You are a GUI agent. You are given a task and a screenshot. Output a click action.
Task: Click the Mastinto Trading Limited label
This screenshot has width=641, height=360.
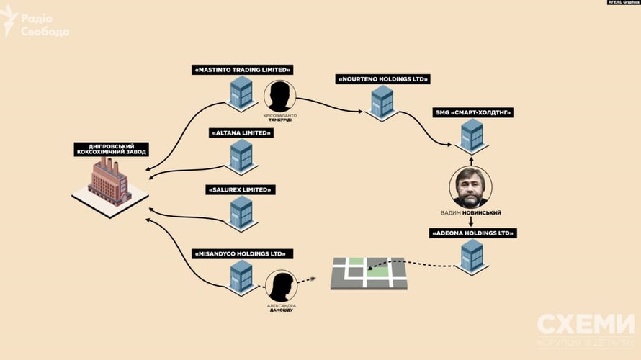click(x=241, y=70)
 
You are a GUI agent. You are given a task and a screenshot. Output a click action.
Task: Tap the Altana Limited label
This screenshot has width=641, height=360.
click(x=241, y=133)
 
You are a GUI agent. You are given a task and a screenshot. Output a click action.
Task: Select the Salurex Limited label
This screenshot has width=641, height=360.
click(x=241, y=190)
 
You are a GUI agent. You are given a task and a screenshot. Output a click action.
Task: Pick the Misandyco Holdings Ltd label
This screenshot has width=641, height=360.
click(x=241, y=254)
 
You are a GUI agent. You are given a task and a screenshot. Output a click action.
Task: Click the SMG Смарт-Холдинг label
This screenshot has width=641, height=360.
click(x=472, y=113)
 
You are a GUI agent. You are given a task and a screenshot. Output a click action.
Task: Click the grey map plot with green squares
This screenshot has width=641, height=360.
click(x=368, y=273)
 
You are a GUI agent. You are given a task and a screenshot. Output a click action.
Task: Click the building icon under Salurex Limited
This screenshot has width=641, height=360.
click(x=241, y=212)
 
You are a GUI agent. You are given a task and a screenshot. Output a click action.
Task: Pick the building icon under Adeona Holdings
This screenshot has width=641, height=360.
click(x=472, y=257)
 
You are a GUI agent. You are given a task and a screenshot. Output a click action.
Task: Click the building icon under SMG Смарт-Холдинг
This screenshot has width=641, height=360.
click(x=472, y=136)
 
